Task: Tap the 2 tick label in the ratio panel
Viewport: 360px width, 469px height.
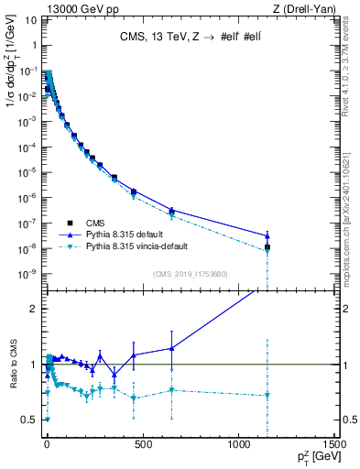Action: pos(33,309)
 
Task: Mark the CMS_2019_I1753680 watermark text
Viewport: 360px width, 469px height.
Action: pos(191,272)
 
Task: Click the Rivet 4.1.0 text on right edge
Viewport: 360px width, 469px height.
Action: pos(351,75)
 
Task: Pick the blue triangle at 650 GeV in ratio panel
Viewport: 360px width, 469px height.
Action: pos(171,348)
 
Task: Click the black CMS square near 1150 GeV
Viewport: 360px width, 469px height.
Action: pos(267,247)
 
